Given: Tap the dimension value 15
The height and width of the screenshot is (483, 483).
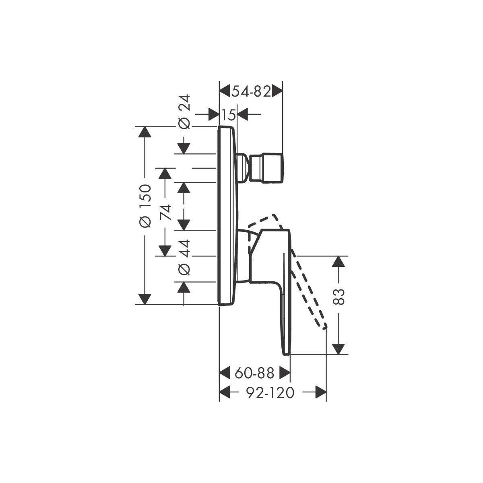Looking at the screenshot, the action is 229,115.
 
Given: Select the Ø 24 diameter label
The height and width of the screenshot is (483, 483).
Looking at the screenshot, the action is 184,112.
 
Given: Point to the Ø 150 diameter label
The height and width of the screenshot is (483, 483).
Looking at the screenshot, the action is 145,206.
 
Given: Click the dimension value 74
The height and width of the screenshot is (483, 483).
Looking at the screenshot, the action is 166,212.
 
